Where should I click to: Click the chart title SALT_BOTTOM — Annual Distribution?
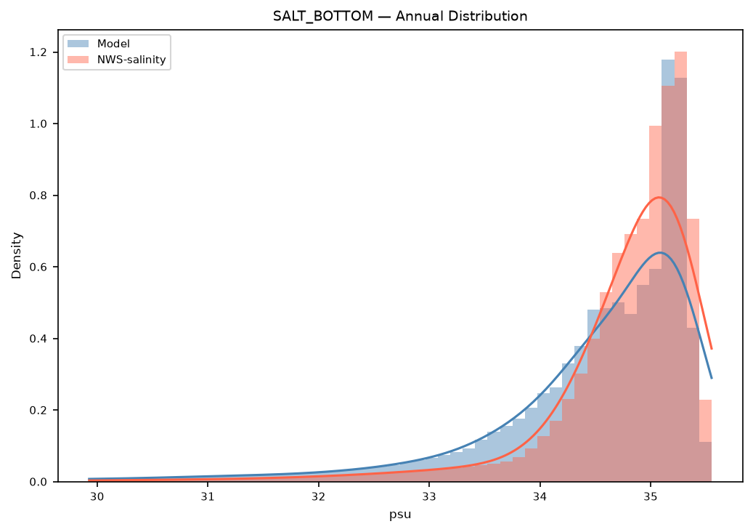click(x=400, y=16)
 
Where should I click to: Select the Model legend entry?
click(x=99, y=44)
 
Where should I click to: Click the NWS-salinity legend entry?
click(x=117, y=60)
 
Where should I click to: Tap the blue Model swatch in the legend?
click(x=78, y=44)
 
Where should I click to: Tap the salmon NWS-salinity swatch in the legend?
click(x=78, y=60)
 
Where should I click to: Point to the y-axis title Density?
click(x=17, y=256)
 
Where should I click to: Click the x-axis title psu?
click(x=400, y=515)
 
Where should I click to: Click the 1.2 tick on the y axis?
click(x=38, y=52)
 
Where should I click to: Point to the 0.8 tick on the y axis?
click(x=38, y=196)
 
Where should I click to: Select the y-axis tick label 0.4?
click(x=38, y=339)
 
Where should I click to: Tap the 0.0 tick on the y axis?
click(x=38, y=482)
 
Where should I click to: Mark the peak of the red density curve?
click(x=659, y=197)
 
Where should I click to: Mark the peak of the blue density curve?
click(x=661, y=252)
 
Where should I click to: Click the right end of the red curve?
click(x=711, y=349)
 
